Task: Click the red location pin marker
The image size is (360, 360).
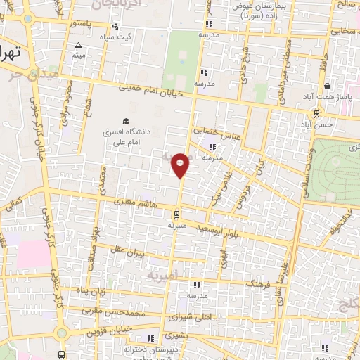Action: pos(181,165)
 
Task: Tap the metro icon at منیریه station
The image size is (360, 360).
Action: pos(176,214)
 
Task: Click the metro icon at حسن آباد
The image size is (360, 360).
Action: pos(317,112)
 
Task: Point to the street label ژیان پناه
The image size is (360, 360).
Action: pos(91,291)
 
